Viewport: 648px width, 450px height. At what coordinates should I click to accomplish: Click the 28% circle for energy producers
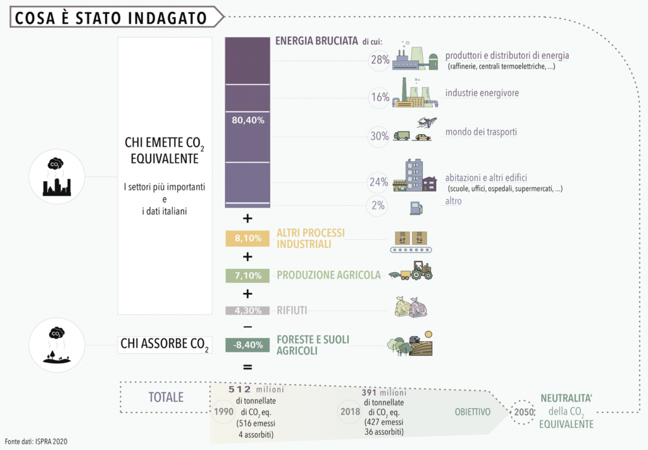pos(380,60)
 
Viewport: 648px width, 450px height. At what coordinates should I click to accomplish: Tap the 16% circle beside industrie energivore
pos(380,97)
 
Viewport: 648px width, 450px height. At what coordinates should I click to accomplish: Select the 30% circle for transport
pos(380,135)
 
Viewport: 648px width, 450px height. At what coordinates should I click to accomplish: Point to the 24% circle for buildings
pos(378,183)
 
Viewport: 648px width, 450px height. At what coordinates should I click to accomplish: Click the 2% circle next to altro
pos(378,205)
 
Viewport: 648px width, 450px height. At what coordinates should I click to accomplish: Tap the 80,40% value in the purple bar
pos(248,120)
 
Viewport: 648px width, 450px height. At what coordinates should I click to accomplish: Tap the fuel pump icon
pos(416,207)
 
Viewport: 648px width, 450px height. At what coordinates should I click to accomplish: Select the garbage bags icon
pos(411,308)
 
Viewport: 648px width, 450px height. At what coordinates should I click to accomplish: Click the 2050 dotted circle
pos(523,412)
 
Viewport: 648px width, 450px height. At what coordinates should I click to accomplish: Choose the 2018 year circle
pos(350,411)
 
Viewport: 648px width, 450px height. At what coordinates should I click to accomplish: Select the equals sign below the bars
pos(247,366)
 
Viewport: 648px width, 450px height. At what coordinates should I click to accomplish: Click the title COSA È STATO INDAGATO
pos(111,18)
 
